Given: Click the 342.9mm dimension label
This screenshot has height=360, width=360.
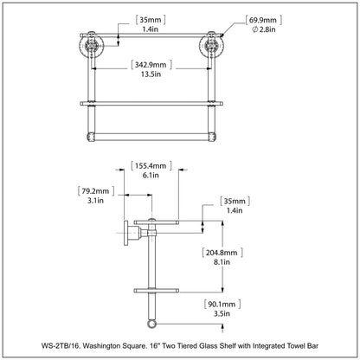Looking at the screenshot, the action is pyautogui.click(x=151, y=64).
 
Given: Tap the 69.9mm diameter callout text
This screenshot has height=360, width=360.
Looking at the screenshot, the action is pyautogui.click(x=263, y=20).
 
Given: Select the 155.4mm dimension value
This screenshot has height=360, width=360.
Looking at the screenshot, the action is pyautogui.click(x=151, y=166).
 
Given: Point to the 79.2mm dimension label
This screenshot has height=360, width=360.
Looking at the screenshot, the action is pyautogui.click(x=95, y=191).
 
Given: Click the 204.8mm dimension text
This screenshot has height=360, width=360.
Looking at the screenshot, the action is pyautogui.click(x=222, y=253).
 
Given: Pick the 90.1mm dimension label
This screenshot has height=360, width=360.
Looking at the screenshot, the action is pyautogui.click(x=222, y=304).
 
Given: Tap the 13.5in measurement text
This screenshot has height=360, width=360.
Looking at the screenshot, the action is pyautogui.click(x=151, y=74).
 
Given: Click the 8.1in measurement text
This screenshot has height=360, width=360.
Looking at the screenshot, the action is pyautogui.click(x=222, y=262).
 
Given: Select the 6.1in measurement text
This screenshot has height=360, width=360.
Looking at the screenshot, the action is pyautogui.click(x=151, y=175).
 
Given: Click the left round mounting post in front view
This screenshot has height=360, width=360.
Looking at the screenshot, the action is pyautogui.click(x=91, y=46).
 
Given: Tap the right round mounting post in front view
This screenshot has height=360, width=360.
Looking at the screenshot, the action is pyautogui.click(x=211, y=46).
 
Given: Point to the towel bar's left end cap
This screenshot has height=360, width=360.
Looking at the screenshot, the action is pyautogui.click(x=91, y=137).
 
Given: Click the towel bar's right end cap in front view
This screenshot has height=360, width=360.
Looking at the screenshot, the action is pyautogui.click(x=211, y=137).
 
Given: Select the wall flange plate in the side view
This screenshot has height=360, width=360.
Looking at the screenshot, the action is pyautogui.click(x=126, y=233).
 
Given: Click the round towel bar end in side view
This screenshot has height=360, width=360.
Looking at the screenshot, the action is pyautogui.click(x=151, y=324).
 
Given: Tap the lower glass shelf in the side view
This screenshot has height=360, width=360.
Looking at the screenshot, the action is pyautogui.click(x=157, y=290).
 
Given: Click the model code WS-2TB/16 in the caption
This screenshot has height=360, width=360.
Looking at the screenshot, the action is pyautogui.click(x=61, y=345).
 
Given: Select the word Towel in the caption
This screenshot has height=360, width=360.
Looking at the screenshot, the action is pyautogui.click(x=296, y=345).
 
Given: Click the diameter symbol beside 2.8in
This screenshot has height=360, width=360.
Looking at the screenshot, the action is pyautogui.click(x=254, y=29).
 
